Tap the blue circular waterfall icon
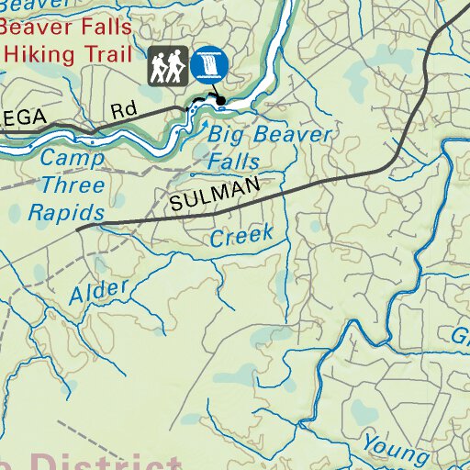[211, 63]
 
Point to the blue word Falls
[233, 162]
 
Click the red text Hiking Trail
[66, 54]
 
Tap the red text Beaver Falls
[66, 28]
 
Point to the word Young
[395, 446]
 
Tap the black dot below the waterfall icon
[221, 99]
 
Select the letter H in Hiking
[11, 54]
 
